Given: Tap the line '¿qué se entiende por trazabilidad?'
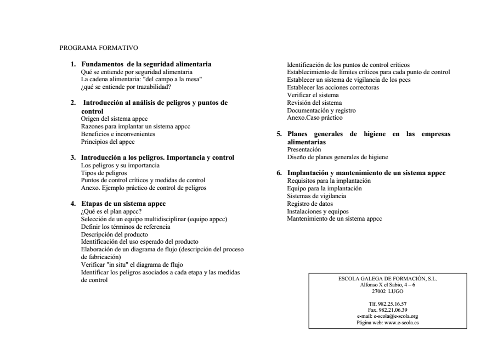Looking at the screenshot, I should point(126,87).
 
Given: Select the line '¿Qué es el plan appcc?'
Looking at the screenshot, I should point(112,211).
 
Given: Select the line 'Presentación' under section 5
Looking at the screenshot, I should point(304,149).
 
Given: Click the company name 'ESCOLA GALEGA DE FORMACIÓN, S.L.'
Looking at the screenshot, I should point(387,279).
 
